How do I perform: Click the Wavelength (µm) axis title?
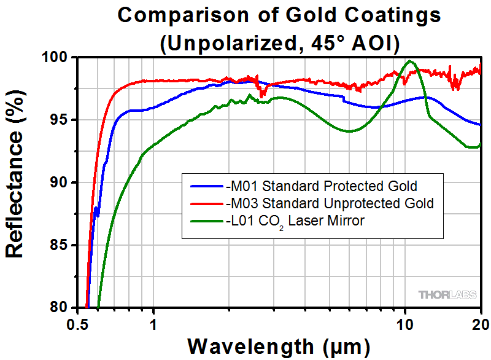tap(279, 346)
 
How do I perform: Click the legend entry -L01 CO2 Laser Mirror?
tap(295, 221)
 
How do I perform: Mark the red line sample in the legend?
tap(206, 203)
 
